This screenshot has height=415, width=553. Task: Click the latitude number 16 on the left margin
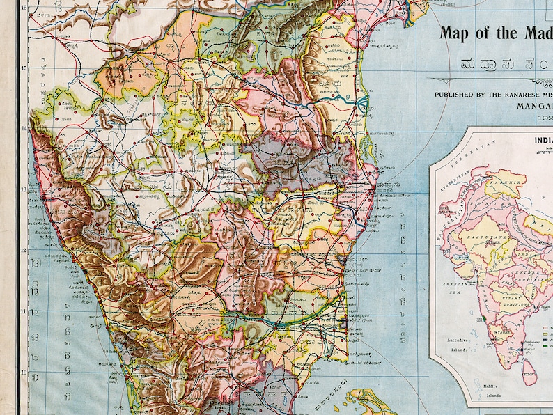coord(24,8)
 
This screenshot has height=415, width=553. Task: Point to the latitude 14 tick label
coord(24,129)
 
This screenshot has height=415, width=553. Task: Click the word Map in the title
coord(457,32)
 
